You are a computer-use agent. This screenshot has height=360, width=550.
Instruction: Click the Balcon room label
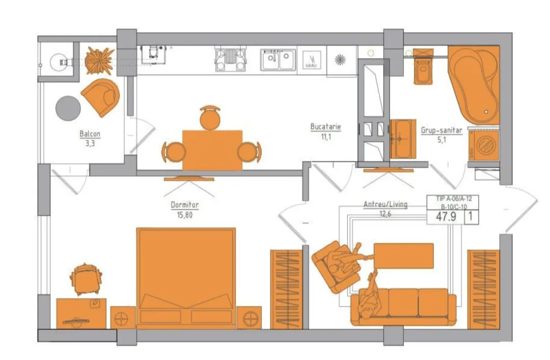[x=90, y=134]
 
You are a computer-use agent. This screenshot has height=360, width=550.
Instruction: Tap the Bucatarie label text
[x=325, y=127]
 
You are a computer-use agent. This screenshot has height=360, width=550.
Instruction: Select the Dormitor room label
[x=184, y=205]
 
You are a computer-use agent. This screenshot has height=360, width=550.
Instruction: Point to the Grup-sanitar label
[x=442, y=130]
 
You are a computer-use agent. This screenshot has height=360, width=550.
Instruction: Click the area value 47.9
[x=446, y=216]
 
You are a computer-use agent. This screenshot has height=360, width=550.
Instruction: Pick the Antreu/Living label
[x=385, y=204]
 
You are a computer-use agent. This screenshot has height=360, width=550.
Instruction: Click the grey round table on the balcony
[x=68, y=108]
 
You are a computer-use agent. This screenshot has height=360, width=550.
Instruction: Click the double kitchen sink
[x=278, y=59]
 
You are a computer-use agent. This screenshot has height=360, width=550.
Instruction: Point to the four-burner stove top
[x=230, y=59]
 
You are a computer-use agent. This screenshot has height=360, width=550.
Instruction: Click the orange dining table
[x=212, y=150]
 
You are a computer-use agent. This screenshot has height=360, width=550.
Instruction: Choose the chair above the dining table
[x=210, y=118]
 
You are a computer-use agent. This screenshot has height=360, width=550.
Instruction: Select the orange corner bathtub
[x=474, y=85]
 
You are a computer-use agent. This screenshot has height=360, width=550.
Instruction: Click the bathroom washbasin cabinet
[x=403, y=139]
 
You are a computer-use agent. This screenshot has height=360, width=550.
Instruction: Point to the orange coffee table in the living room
[x=403, y=256]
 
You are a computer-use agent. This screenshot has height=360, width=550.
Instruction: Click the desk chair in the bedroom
[x=86, y=279]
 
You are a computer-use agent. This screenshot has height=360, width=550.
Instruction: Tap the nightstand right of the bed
[x=249, y=318]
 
